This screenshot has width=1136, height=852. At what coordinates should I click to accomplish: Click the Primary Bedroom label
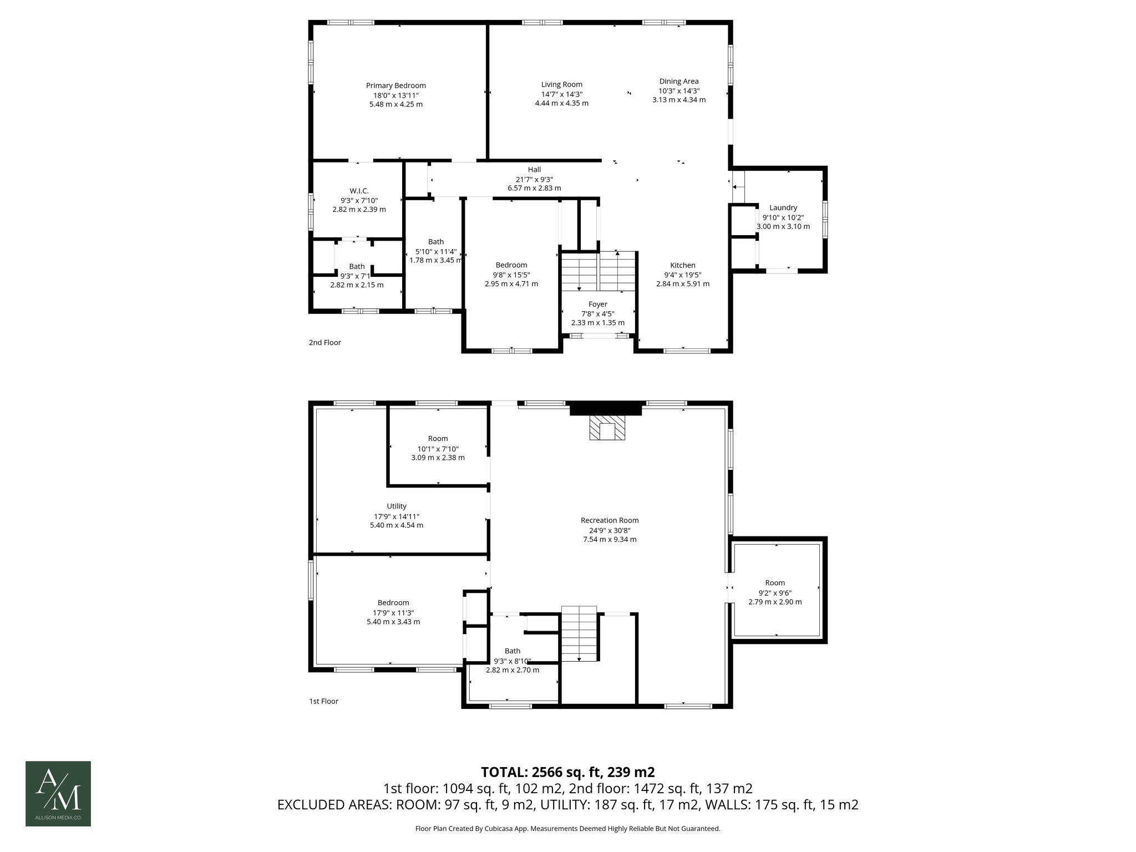point(395,85)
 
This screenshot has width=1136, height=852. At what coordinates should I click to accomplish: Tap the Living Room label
point(561,84)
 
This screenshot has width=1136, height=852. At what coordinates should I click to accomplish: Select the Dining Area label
point(678,81)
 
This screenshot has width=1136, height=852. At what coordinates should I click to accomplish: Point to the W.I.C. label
point(359,191)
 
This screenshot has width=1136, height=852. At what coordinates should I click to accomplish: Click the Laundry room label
point(783,207)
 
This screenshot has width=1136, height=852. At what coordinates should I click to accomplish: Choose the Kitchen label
point(682,265)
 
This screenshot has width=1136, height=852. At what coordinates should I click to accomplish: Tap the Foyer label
point(597,304)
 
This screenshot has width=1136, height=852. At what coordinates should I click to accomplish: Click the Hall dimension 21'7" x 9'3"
point(534,179)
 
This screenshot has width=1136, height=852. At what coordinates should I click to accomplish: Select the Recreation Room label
point(609,520)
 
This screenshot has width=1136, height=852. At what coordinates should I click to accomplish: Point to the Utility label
point(396,506)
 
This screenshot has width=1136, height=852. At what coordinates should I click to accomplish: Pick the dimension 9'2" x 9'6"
point(774,592)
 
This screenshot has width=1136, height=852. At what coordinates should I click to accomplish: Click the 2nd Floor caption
point(324,342)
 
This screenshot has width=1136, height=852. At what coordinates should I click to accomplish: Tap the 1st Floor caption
point(323,701)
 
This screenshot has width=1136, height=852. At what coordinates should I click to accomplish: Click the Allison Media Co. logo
point(58,793)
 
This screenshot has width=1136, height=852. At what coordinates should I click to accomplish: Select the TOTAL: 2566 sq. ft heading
point(567,772)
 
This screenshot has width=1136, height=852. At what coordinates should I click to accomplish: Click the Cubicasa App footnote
point(567,829)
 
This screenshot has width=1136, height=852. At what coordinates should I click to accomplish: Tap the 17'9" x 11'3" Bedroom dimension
point(393,612)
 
